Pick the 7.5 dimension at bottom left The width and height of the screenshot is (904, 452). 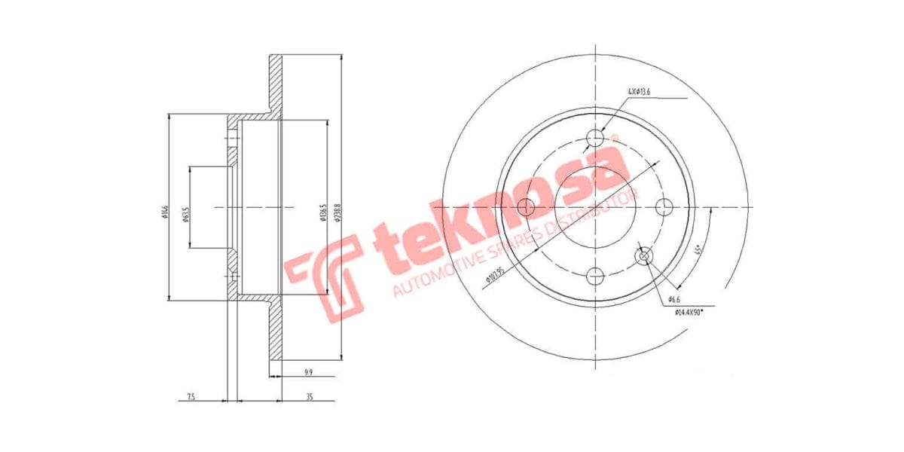(191, 396)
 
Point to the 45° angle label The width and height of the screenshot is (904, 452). (698, 250)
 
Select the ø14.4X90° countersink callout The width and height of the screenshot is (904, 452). (689, 310)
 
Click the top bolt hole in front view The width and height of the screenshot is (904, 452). (595, 138)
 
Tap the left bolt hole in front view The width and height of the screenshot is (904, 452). (527, 207)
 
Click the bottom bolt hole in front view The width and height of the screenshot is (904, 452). (595, 276)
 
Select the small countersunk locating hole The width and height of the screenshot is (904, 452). (643, 256)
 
